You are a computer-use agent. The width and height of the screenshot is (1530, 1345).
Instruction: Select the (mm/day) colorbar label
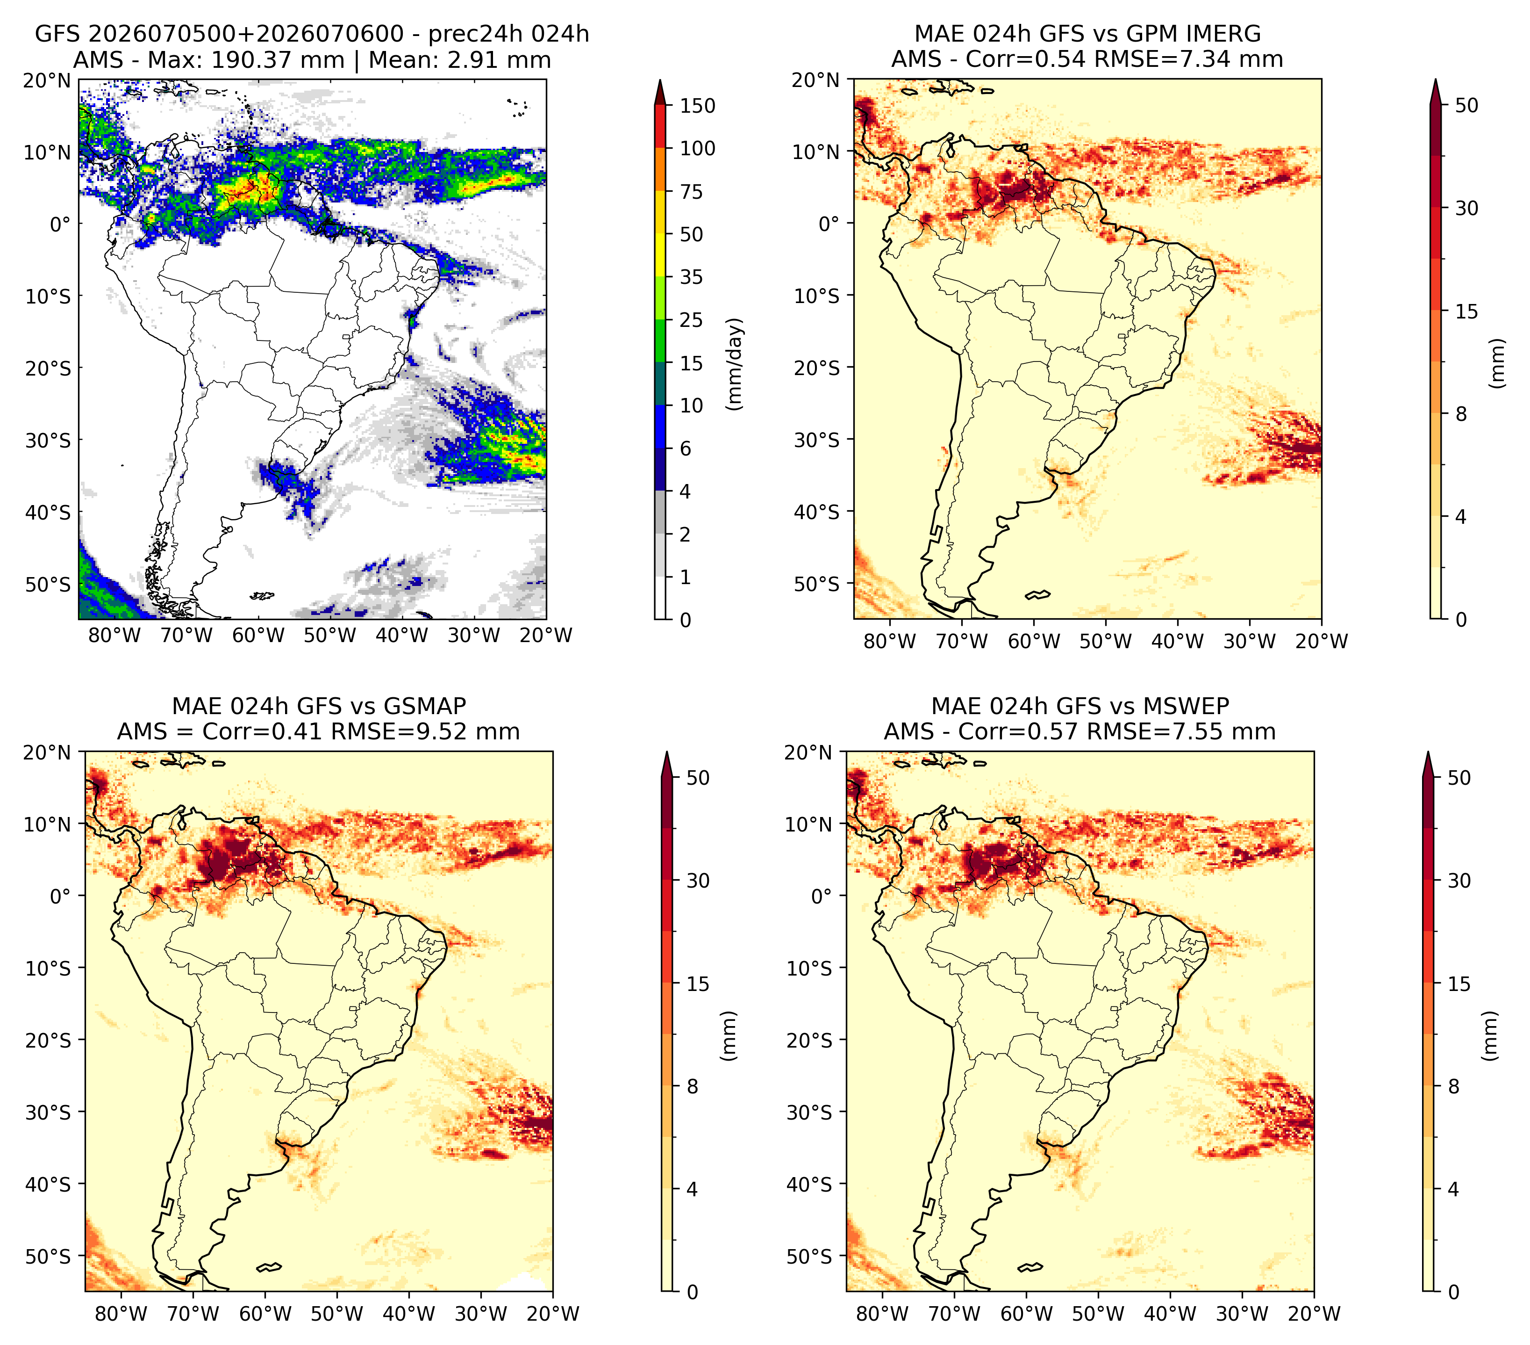coord(736,364)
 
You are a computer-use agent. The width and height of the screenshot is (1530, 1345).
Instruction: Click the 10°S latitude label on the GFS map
coord(48,296)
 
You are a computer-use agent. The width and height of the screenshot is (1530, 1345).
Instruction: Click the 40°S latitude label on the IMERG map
coord(817,512)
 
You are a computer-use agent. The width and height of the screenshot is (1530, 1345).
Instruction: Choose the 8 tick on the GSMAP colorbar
coord(693,1086)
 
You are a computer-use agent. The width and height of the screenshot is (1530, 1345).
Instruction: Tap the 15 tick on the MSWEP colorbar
coord(1459,984)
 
